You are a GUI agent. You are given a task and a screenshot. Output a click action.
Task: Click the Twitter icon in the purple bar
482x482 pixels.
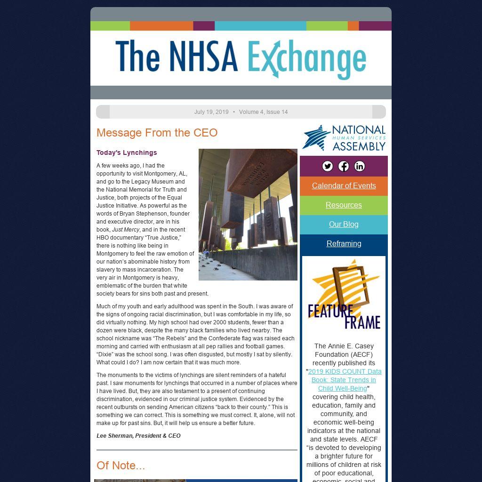click(x=328, y=166)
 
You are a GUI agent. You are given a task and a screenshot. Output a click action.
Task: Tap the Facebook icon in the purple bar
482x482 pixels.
click(x=344, y=166)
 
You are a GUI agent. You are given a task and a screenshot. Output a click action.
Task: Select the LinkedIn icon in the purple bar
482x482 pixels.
click(x=360, y=166)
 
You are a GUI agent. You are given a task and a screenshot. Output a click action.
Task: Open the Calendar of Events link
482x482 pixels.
click(x=344, y=185)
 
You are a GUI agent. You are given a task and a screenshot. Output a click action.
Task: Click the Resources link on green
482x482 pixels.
click(x=344, y=205)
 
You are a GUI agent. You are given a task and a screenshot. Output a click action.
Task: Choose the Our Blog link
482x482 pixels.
click(x=344, y=224)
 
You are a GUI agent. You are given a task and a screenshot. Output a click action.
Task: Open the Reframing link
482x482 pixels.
click(x=344, y=243)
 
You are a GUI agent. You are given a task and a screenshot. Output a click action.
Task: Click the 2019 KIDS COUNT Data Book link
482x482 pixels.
click(x=345, y=380)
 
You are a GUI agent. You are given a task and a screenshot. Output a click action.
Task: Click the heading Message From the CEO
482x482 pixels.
click(x=157, y=133)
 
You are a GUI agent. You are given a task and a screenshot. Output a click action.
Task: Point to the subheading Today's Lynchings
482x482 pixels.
click(x=127, y=153)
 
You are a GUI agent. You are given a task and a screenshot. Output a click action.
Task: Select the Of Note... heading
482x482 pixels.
click(x=120, y=466)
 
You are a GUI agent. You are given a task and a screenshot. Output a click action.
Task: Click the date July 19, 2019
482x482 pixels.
click(x=211, y=112)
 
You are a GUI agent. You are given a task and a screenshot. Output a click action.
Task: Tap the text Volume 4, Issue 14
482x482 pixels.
click(x=263, y=112)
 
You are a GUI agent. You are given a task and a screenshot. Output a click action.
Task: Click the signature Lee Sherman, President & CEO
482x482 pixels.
click(x=138, y=436)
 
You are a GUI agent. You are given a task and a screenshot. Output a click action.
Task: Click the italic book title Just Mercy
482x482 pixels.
click(x=126, y=230)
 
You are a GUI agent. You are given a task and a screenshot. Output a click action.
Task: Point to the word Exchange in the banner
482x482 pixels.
click(x=306, y=59)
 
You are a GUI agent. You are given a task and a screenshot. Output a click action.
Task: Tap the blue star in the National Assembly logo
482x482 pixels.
click(x=316, y=138)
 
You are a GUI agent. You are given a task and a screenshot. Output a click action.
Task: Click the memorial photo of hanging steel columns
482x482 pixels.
click(x=248, y=214)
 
